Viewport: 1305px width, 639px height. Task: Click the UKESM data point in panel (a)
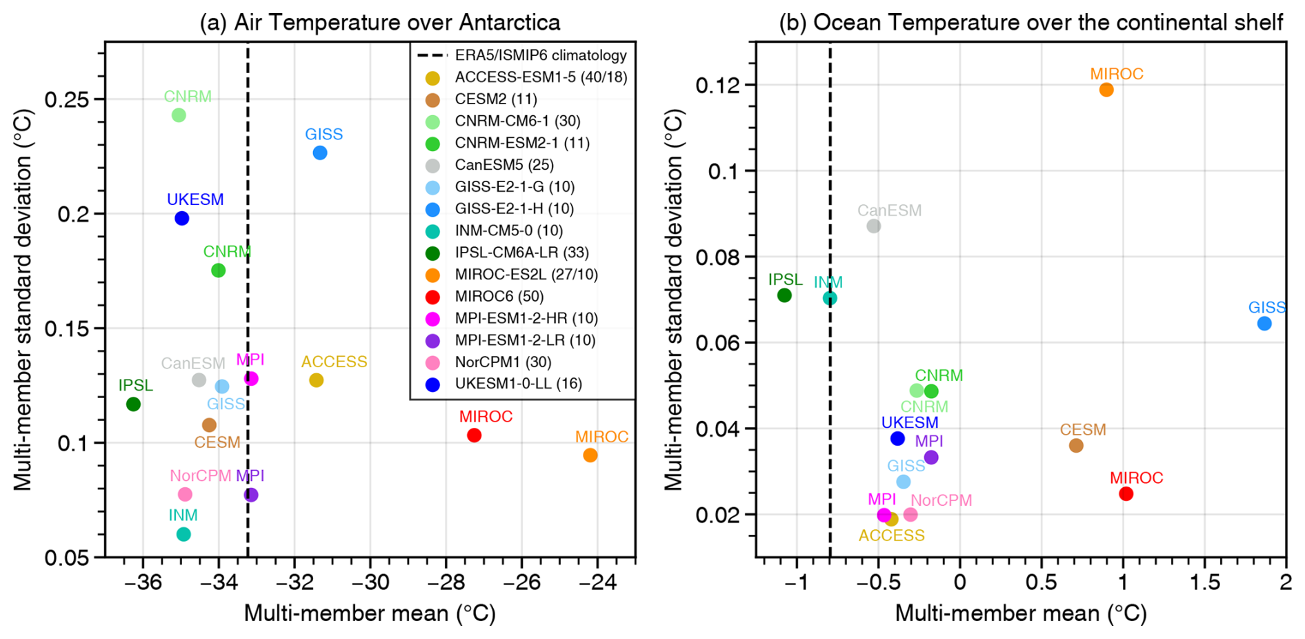pos(181,218)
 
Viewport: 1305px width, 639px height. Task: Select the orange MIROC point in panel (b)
pos(1106,90)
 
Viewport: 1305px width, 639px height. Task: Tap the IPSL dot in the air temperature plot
pos(133,404)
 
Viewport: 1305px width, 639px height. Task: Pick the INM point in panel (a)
pos(183,534)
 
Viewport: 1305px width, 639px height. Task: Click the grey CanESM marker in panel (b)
pos(874,226)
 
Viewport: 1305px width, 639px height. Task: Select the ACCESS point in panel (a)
pos(316,380)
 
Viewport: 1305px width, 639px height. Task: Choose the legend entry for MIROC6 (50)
pos(499,297)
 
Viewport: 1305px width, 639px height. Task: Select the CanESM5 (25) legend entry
pos(504,165)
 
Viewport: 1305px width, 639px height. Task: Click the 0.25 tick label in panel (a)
pos(68,99)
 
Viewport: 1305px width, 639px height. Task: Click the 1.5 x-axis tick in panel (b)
pos(1204,582)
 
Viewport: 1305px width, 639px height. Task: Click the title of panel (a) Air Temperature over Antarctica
pos(380,23)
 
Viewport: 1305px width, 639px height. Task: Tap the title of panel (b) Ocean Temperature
pos(1030,23)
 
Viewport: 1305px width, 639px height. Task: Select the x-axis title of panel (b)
pos(1021,613)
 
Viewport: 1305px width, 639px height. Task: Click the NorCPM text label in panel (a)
pos(200,476)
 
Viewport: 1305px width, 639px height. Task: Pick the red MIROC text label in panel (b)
pos(1136,478)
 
